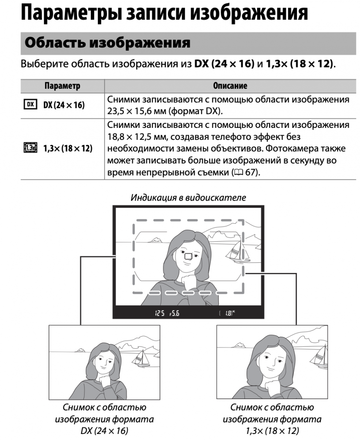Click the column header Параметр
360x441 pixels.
[x=62, y=86]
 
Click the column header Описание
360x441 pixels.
[x=230, y=86]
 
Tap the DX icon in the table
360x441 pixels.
[x=30, y=105]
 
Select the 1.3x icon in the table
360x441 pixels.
[x=30, y=148]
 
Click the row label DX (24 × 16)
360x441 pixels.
[x=64, y=105]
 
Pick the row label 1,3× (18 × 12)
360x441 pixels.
[x=67, y=148]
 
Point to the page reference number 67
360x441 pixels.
[x=250, y=172]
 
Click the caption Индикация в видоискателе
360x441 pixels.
[x=188, y=198]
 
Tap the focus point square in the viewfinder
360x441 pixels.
[x=188, y=256]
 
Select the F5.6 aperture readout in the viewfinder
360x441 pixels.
[x=175, y=313]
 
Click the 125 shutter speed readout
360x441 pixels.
[x=160, y=313]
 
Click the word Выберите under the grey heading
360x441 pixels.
[x=45, y=64]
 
